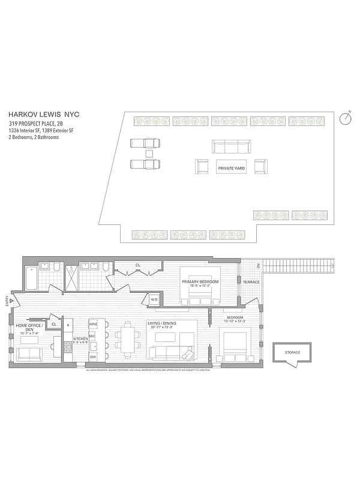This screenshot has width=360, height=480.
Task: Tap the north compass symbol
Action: [345, 118]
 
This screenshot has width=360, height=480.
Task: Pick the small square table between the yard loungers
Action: [149, 154]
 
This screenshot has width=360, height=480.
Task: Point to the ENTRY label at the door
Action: [7, 300]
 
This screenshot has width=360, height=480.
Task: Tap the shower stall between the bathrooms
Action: [71, 278]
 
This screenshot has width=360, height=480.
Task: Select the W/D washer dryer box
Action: [154, 299]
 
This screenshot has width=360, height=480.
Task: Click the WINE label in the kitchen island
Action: [93, 324]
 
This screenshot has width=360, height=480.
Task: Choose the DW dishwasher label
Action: [93, 356]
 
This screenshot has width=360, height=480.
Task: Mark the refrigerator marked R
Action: [68, 325]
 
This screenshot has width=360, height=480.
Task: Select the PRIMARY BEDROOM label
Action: [201, 281]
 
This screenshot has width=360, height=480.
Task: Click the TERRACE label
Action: [250, 281]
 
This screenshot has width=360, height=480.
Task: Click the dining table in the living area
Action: [128, 341]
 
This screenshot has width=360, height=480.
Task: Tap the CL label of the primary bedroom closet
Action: [137, 265]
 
